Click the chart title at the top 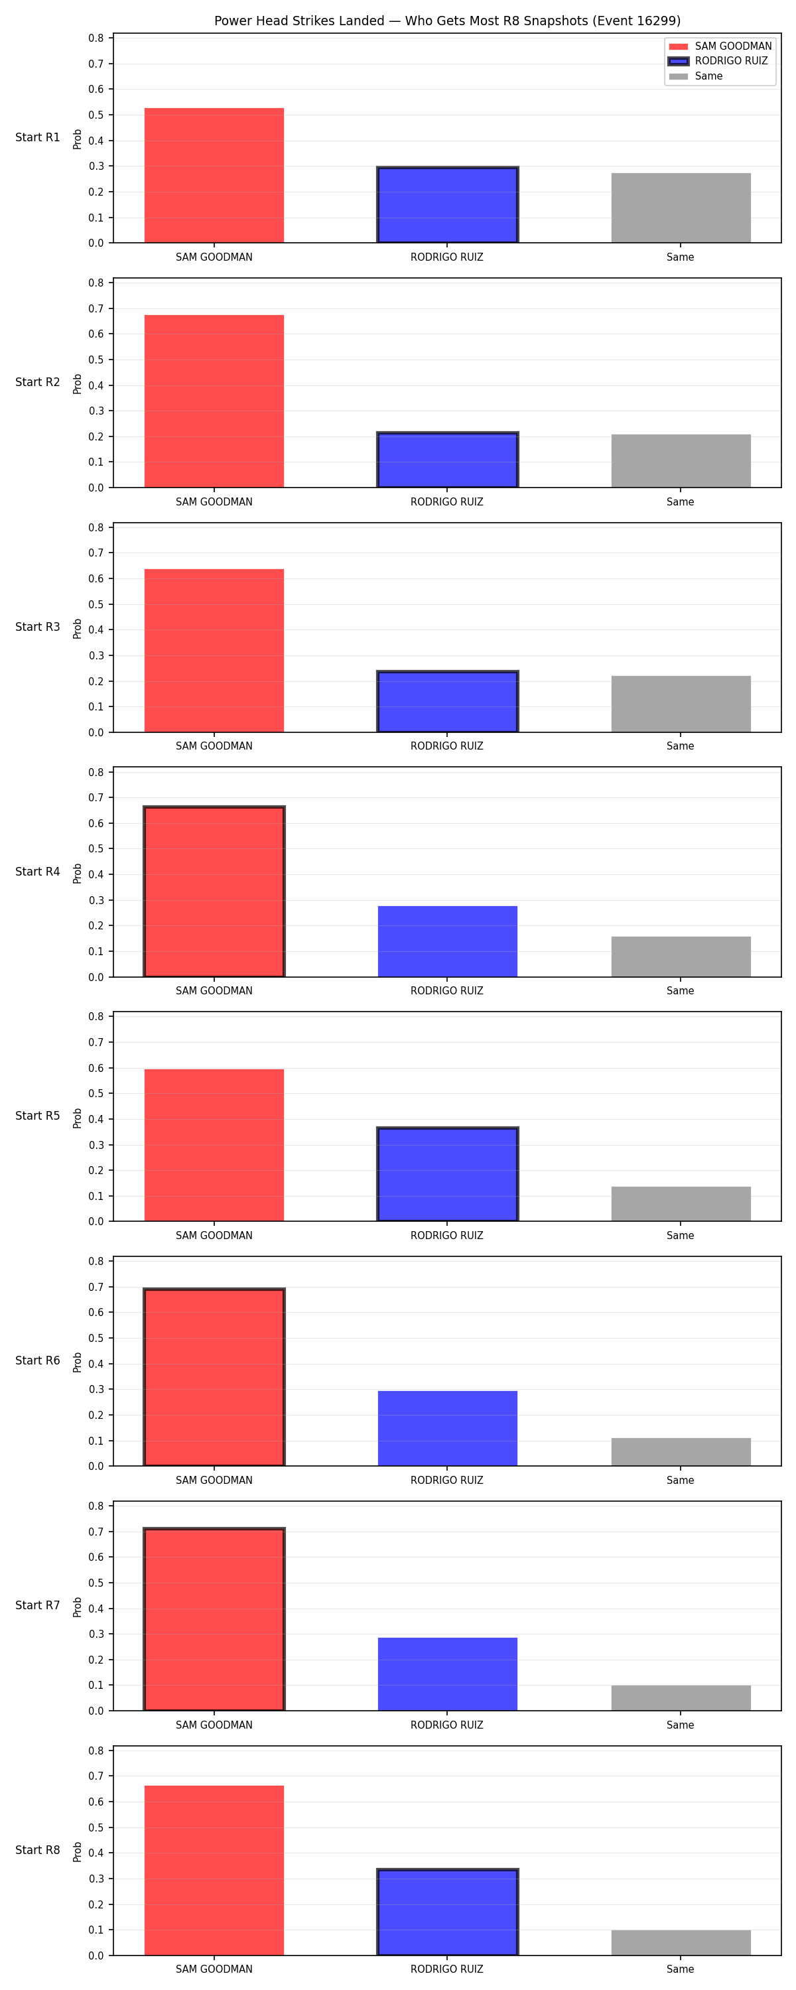[x=446, y=21]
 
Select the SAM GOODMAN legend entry [x=720, y=46]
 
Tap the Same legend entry [x=696, y=76]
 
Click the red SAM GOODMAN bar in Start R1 [x=214, y=175]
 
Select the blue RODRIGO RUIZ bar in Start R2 [x=448, y=460]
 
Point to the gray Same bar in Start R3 [x=681, y=704]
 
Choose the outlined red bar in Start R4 [x=214, y=892]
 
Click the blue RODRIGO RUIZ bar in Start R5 [x=448, y=1174]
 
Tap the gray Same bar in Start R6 [x=681, y=1451]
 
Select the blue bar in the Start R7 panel [x=448, y=1674]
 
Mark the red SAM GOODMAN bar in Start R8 [x=214, y=1870]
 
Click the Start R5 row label [x=38, y=1116]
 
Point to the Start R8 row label [x=38, y=1849]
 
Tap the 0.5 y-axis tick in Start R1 [x=96, y=115]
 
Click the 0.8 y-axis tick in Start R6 [x=96, y=1262]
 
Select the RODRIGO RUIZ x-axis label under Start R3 [x=446, y=746]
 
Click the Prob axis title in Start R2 [x=78, y=384]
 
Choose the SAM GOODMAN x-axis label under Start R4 [x=214, y=990]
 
